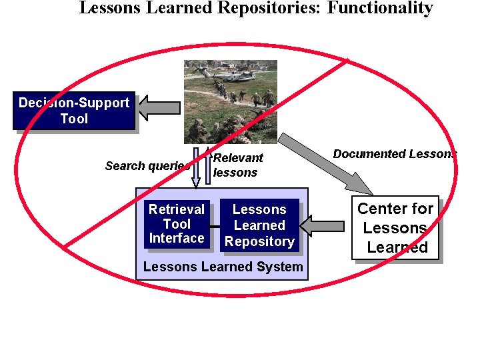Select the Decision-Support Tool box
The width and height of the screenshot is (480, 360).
74,111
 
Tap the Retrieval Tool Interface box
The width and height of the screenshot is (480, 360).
177,224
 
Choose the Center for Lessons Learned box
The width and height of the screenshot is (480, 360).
396,228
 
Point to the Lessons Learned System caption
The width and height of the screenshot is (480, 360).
223,267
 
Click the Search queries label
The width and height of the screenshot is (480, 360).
146,165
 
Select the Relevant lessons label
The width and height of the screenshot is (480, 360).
237,165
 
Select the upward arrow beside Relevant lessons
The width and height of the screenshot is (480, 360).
207,163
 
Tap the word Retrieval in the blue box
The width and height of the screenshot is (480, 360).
177,209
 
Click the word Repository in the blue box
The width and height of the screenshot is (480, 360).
259,242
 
